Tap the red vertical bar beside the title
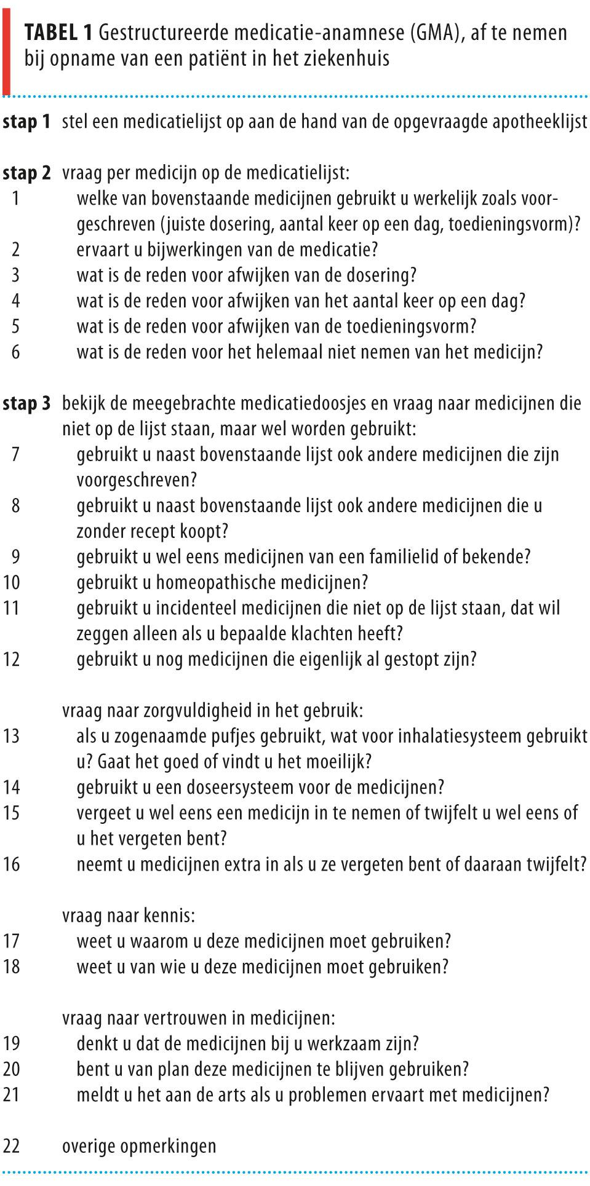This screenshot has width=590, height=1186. (6, 48)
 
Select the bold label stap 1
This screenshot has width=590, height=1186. (26, 122)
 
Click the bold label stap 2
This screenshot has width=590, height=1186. (26, 173)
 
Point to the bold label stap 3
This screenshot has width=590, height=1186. (26, 404)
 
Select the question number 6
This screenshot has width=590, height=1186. (15, 352)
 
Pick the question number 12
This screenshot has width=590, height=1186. (12, 659)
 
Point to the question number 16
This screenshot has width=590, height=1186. (12, 864)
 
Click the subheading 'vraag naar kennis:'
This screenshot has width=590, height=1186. (129, 915)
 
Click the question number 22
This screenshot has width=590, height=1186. (12, 1146)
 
